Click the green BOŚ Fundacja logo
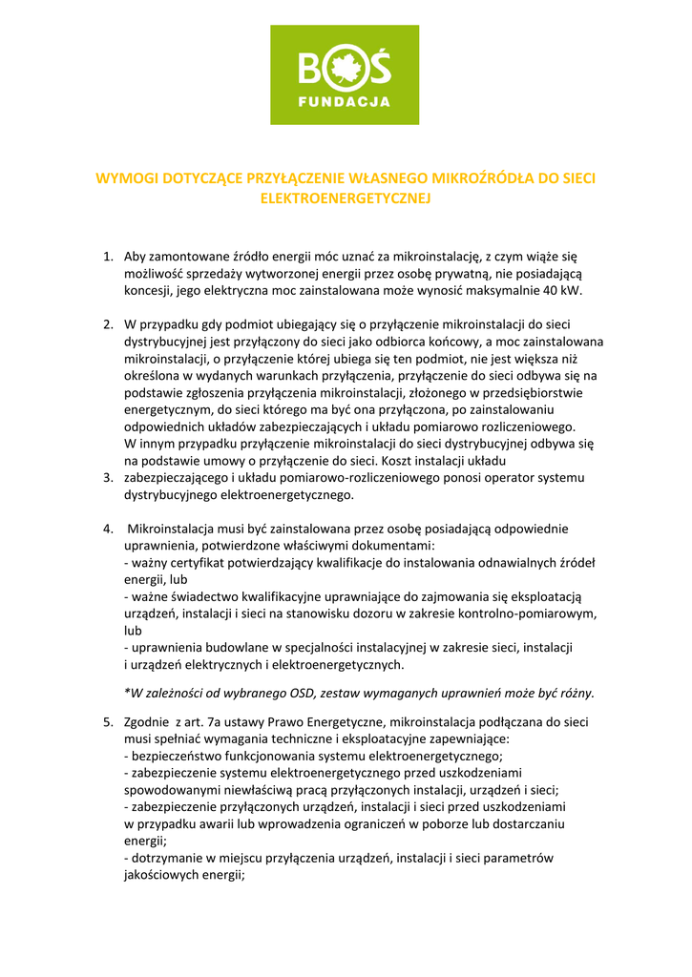345,75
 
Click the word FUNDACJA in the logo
345,100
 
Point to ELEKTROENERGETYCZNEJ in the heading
346,198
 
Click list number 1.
108,256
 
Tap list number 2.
108,324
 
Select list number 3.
108,477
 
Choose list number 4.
108,529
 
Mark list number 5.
108,721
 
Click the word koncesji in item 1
148,290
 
